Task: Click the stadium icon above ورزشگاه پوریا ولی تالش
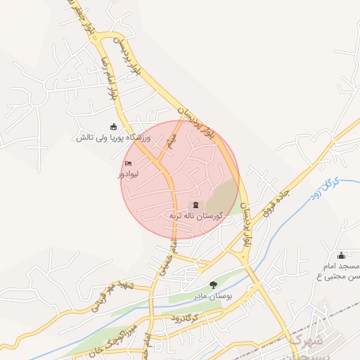tap(113, 127)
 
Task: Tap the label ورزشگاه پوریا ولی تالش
tap(113, 139)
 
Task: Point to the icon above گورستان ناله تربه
tap(195, 205)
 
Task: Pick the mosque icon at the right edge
tap(342, 255)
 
